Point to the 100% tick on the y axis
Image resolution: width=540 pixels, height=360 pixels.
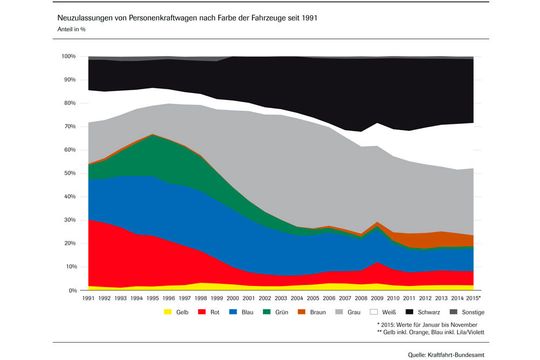click(68, 57)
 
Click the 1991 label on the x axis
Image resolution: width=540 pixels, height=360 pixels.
click(88, 298)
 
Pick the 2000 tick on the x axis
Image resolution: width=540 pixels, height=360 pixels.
click(233, 298)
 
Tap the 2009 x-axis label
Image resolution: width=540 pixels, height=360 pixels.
click(378, 298)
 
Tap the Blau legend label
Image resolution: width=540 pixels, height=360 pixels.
click(258, 312)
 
